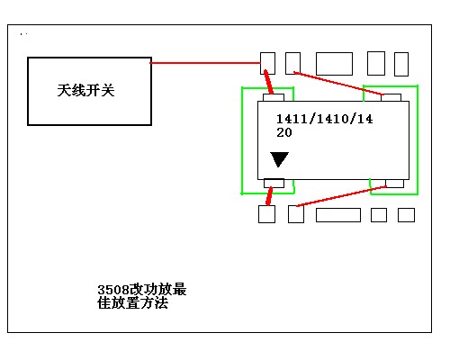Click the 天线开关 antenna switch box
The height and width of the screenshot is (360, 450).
(89, 91)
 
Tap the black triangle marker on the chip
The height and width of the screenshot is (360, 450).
(279, 159)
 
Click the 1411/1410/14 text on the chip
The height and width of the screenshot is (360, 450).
(324, 119)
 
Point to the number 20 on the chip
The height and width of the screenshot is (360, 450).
(284, 132)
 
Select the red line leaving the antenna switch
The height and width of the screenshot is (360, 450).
(205, 63)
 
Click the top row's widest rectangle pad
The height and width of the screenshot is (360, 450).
(334, 64)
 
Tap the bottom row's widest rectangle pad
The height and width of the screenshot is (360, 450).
(338, 215)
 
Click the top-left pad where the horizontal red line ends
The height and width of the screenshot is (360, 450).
(267, 63)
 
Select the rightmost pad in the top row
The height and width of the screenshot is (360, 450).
(401, 64)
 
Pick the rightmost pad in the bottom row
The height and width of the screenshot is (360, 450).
(406, 215)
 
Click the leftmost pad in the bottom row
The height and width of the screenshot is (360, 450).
(266, 214)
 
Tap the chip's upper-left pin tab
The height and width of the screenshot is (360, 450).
(274, 98)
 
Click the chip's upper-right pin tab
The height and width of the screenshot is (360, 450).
(391, 98)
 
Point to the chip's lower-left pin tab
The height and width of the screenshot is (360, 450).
(274, 184)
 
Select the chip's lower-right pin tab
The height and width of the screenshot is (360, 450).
(395, 184)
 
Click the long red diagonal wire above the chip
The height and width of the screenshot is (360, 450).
(338, 84)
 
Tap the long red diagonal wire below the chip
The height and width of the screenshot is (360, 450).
(341, 196)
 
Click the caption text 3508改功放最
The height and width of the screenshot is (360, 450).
(142, 290)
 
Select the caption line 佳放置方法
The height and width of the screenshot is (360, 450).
(132, 303)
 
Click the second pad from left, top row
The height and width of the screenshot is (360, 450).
(292, 63)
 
